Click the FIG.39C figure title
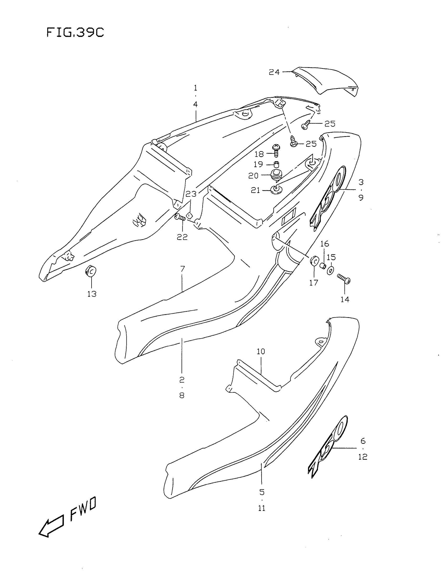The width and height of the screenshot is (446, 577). coord(75,33)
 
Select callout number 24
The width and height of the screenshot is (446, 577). coord(274,72)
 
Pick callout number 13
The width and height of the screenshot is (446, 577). coord(92,294)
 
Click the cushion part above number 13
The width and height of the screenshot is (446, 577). coord(90,271)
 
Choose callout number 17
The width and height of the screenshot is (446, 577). coord(314,283)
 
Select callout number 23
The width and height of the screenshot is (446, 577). coord(191,194)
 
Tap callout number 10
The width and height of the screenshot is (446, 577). coord(261,351)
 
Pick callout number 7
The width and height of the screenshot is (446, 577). coord(182,269)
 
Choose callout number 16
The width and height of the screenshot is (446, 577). coord(325,244)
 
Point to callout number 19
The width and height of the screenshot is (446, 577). coord(258,164)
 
